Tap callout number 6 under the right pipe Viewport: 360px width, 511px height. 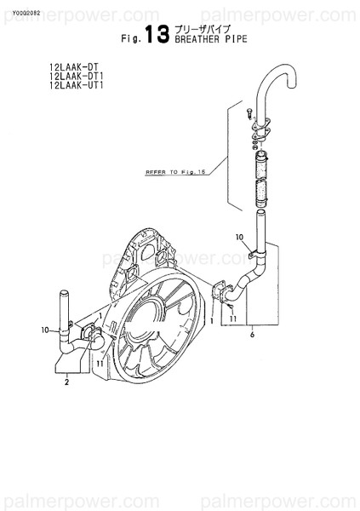(x=252, y=336)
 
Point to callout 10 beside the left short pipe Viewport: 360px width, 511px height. (x=44, y=329)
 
